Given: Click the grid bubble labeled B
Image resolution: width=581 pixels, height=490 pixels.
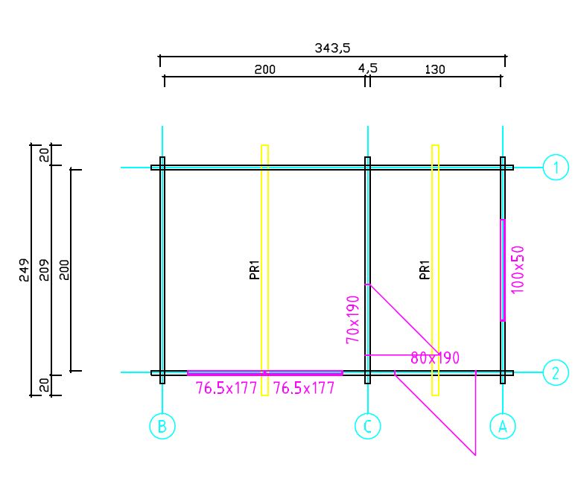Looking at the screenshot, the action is pos(162,426).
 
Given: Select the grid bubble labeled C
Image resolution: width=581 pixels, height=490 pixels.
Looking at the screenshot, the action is pos(367,426).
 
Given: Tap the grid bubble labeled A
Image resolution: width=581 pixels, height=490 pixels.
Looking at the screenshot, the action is pos(503,426).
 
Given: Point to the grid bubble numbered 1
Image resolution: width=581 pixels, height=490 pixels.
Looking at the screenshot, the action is pos(556,167).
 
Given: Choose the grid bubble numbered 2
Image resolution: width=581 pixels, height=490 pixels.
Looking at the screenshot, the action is pos(556,372).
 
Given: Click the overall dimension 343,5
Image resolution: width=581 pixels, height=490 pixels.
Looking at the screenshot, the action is pos(332,48).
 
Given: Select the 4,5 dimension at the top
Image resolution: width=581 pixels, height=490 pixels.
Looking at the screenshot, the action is pos(367,69).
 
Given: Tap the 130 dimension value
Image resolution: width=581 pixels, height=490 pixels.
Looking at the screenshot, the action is pos(435,69).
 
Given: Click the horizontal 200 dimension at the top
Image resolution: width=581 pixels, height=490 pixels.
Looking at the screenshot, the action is pos(265,69).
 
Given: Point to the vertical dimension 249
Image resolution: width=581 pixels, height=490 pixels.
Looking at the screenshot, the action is pos(24,270).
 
